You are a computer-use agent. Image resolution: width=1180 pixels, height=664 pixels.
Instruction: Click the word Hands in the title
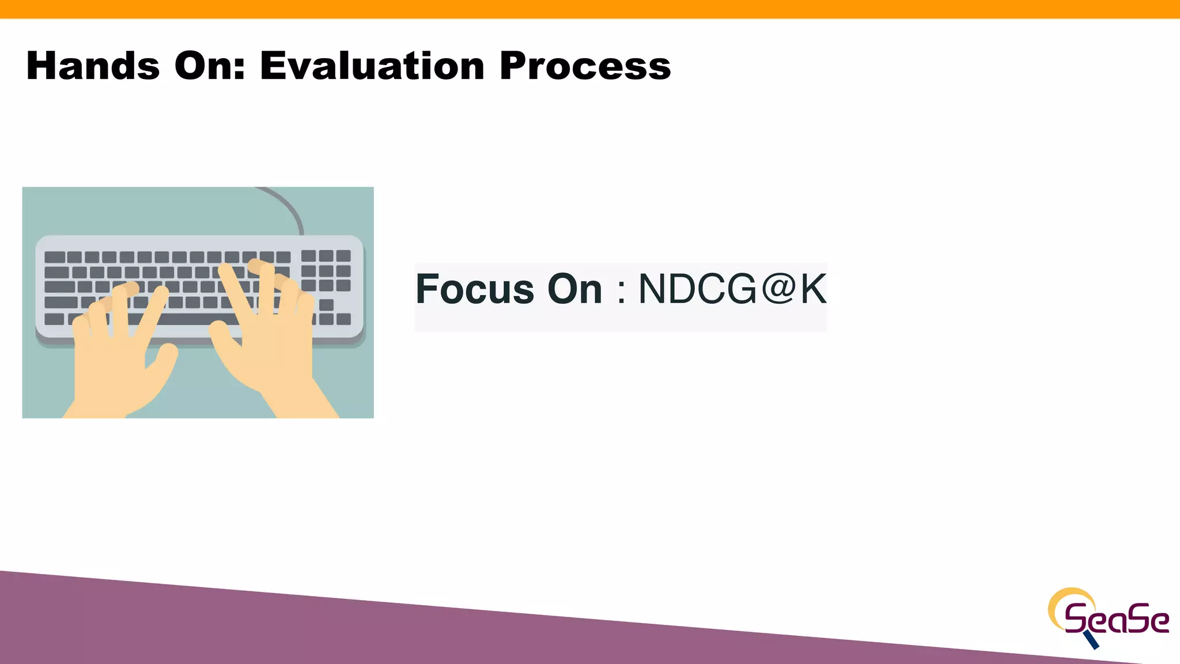pyautogui.click(x=93, y=66)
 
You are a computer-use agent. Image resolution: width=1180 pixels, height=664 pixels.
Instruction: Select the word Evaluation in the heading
pyautogui.click(x=372, y=66)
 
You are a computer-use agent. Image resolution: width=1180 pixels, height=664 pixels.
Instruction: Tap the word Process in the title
pyautogui.click(x=585, y=66)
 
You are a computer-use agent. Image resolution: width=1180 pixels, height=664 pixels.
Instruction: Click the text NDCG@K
pyautogui.click(x=732, y=289)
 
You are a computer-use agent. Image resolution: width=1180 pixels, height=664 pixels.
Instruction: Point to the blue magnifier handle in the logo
pyautogui.click(x=1091, y=639)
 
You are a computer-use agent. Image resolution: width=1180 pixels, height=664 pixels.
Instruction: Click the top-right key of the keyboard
pyautogui.click(x=343, y=255)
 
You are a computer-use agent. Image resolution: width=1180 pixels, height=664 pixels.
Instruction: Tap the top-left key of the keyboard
pyautogui.click(x=55, y=257)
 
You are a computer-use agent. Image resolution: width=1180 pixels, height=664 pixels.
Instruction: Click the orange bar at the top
pyautogui.click(x=590, y=9)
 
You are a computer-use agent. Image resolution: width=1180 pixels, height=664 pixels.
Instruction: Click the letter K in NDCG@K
pyautogui.click(x=813, y=289)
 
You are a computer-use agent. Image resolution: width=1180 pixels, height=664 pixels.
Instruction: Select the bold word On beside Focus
pyautogui.click(x=574, y=289)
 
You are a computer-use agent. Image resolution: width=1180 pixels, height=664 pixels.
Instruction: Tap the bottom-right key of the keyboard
pyautogui.click(x=343, y=319)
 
